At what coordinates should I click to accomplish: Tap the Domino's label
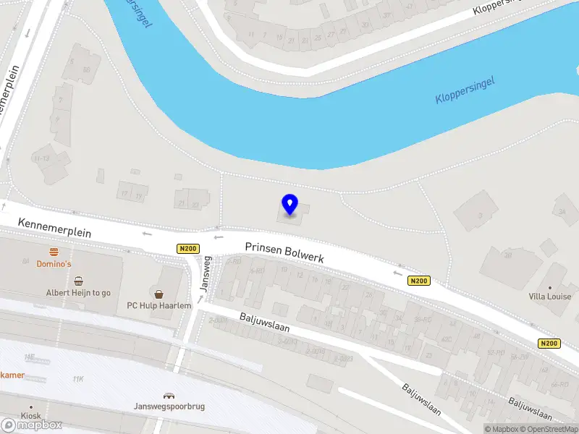54,264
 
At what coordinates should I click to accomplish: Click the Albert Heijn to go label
78,292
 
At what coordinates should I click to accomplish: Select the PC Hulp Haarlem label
159,305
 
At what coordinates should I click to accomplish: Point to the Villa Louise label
549,297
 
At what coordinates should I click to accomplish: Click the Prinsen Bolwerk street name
284,252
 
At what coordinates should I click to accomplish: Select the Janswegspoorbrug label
169,407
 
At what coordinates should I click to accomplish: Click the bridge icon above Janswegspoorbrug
169,396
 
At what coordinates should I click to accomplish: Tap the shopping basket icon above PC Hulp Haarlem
159,294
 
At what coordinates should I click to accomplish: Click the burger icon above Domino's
54,252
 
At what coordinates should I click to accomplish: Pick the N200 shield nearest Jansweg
187,249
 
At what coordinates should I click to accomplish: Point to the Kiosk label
30,417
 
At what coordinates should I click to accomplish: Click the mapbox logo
32,425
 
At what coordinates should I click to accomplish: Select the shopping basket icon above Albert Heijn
78,281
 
